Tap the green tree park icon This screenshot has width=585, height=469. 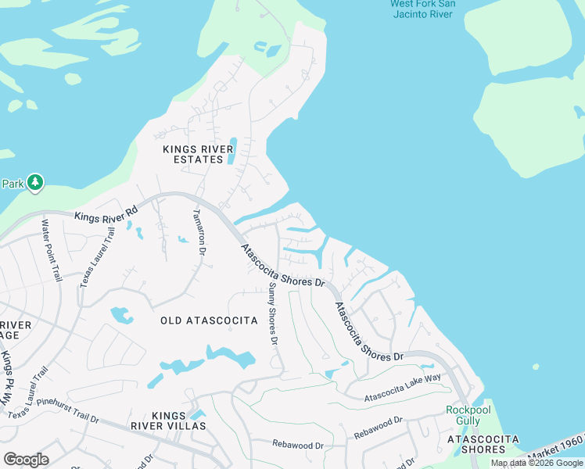pos(34,183)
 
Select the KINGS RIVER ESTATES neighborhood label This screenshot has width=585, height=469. pos(193,154)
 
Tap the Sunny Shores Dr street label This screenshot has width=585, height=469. pos(271,314)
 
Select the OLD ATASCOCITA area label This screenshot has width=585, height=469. pos(209,320)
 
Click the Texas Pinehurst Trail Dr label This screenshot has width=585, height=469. pos(53,414)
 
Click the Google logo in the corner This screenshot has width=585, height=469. pos(26,460)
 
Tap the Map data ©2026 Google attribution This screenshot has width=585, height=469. pos(537,463)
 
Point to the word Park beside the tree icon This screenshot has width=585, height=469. pos(13,184)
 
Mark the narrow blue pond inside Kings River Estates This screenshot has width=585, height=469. pos(232,151)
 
